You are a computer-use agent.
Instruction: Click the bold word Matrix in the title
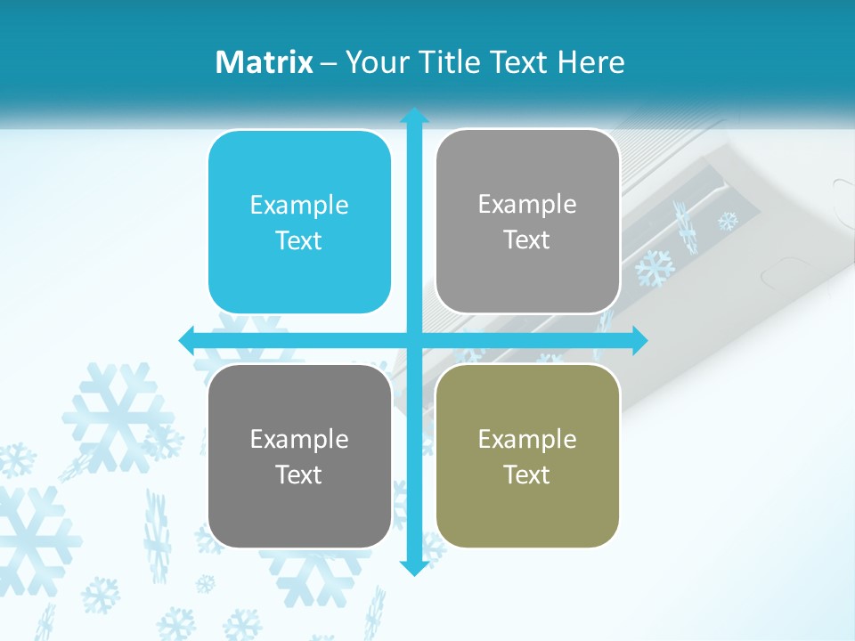coord(265,62)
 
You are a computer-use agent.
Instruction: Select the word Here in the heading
coord(591,62)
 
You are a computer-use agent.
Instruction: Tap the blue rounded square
coord(299,222)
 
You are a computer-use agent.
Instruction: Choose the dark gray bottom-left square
coord(299,456)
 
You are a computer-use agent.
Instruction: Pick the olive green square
coord(527,456)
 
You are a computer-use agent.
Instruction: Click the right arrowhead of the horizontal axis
coord(639,340)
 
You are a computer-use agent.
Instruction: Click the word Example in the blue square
coord(299,206)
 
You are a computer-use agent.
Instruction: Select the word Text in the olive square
coord(527,475)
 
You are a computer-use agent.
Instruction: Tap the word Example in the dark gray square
coord(299,440)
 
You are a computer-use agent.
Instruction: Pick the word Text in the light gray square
coord(527,239)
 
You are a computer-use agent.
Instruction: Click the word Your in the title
coord(375,62)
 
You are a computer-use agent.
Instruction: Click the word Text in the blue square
coord(299,240)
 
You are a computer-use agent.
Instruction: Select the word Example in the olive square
coord(527,439)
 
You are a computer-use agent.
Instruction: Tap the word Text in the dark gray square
coord(299,475)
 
